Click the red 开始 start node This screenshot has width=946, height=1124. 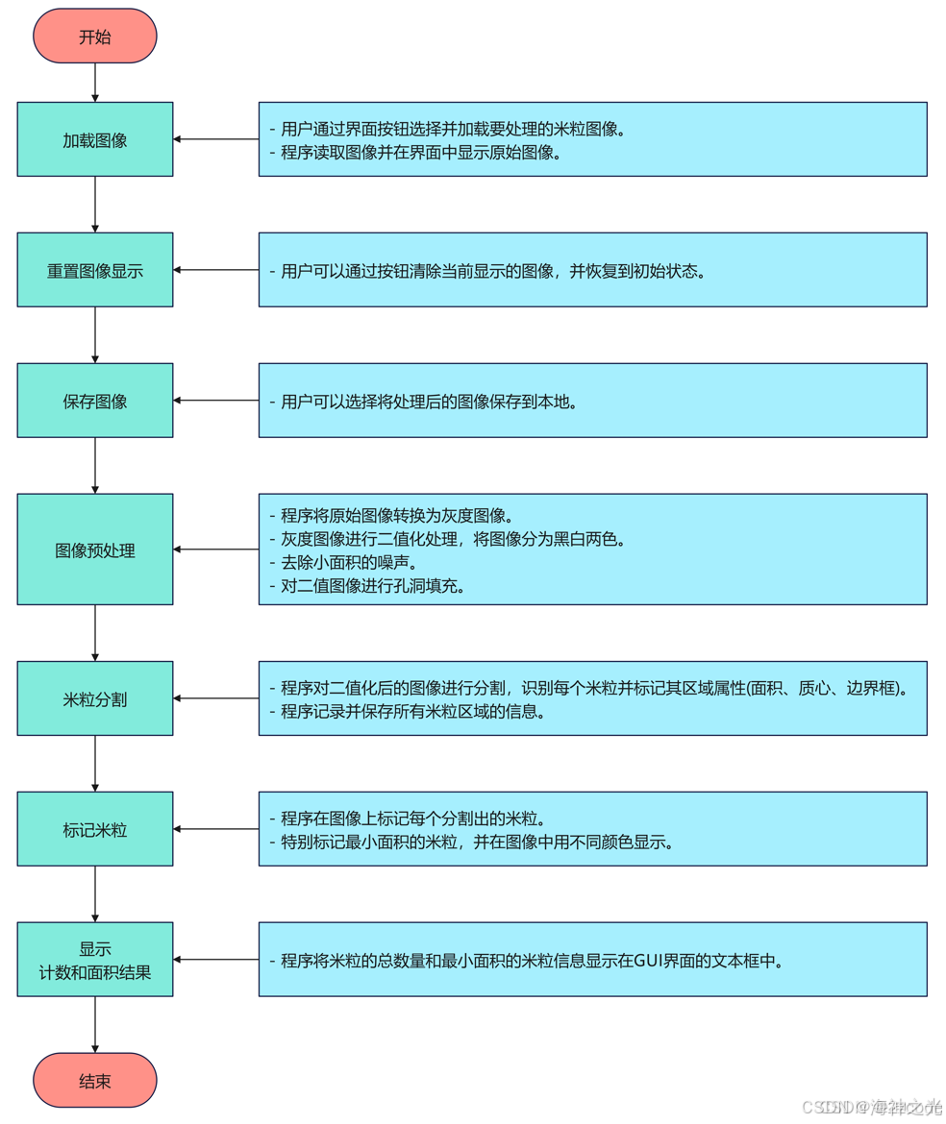[x=94, y=37]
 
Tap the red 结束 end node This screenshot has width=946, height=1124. [x=94, y=1080]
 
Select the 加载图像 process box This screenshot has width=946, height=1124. [x=94, y=139]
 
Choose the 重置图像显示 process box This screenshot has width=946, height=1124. [x=94, y=270]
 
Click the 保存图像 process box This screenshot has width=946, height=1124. [x=94, y=401]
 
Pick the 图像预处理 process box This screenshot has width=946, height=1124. [x=94, y=550]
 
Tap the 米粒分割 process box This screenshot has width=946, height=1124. [x=94, y=698]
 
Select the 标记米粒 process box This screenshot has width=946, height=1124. [x=94, y=829]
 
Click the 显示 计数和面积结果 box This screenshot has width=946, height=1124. [x=94, y=960]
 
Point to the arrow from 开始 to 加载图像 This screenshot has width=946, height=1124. [x=95, y=83]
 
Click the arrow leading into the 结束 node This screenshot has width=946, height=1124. [x=95, y=1024]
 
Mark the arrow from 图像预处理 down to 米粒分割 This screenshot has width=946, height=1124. [x=95, y=632]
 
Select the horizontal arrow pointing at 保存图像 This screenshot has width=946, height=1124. [x=215, y=401]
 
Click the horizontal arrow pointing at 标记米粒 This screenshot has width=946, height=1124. [x=215, y=829]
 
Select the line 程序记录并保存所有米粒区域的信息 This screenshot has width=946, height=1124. [x=408, y=712]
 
